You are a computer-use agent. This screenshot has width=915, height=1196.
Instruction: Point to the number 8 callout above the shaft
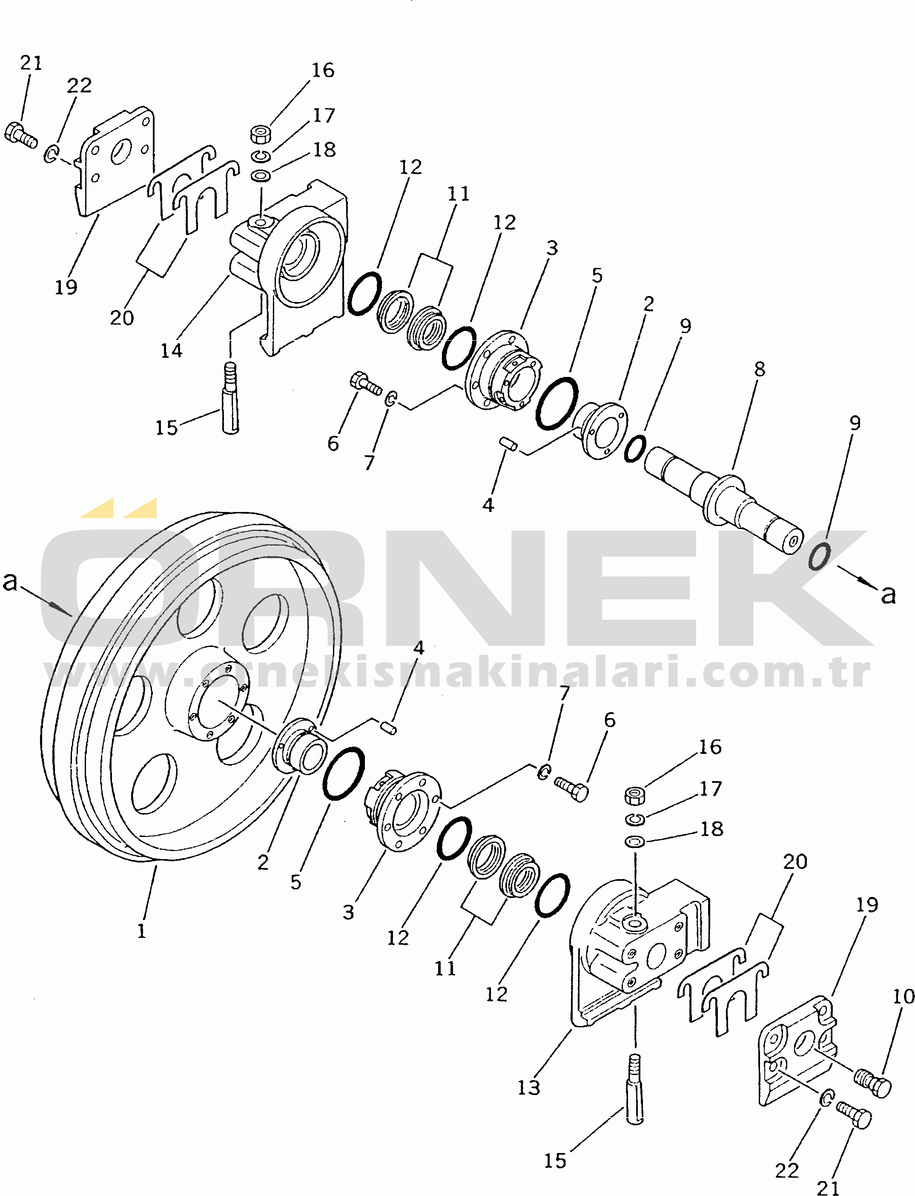(759, 369)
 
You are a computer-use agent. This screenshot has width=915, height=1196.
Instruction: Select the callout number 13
(528, 1087)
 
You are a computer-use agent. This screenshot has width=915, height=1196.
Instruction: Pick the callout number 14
(171, 351)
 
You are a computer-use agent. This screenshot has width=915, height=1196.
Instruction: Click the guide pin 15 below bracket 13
(635, 1090)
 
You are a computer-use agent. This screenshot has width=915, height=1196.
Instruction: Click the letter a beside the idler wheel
(10, 581)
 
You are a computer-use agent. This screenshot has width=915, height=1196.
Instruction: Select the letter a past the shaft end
(888, 595)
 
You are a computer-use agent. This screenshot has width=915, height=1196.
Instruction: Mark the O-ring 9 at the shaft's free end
(819, 556)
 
